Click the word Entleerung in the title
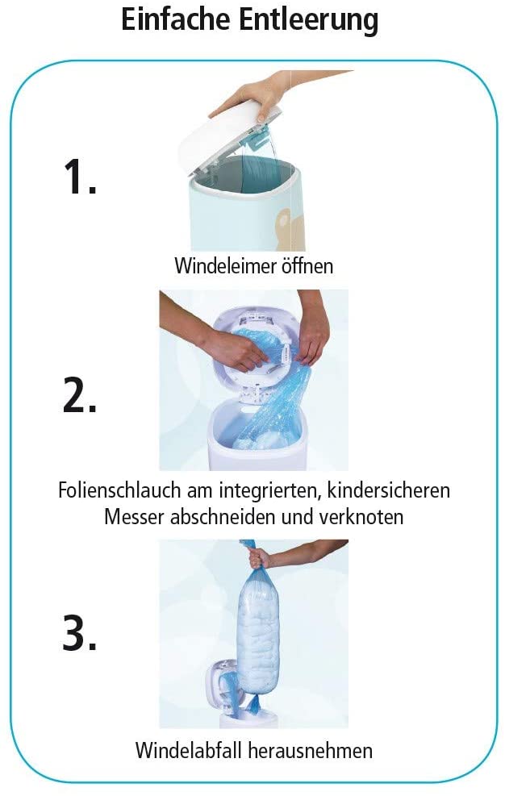click(309, 20)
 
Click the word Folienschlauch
click(119, 490)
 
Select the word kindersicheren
click(389, 490)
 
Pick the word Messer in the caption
click(135, 517)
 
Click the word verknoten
click(361, 517)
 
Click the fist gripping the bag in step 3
click(260, 557)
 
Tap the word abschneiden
click(223, 517)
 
